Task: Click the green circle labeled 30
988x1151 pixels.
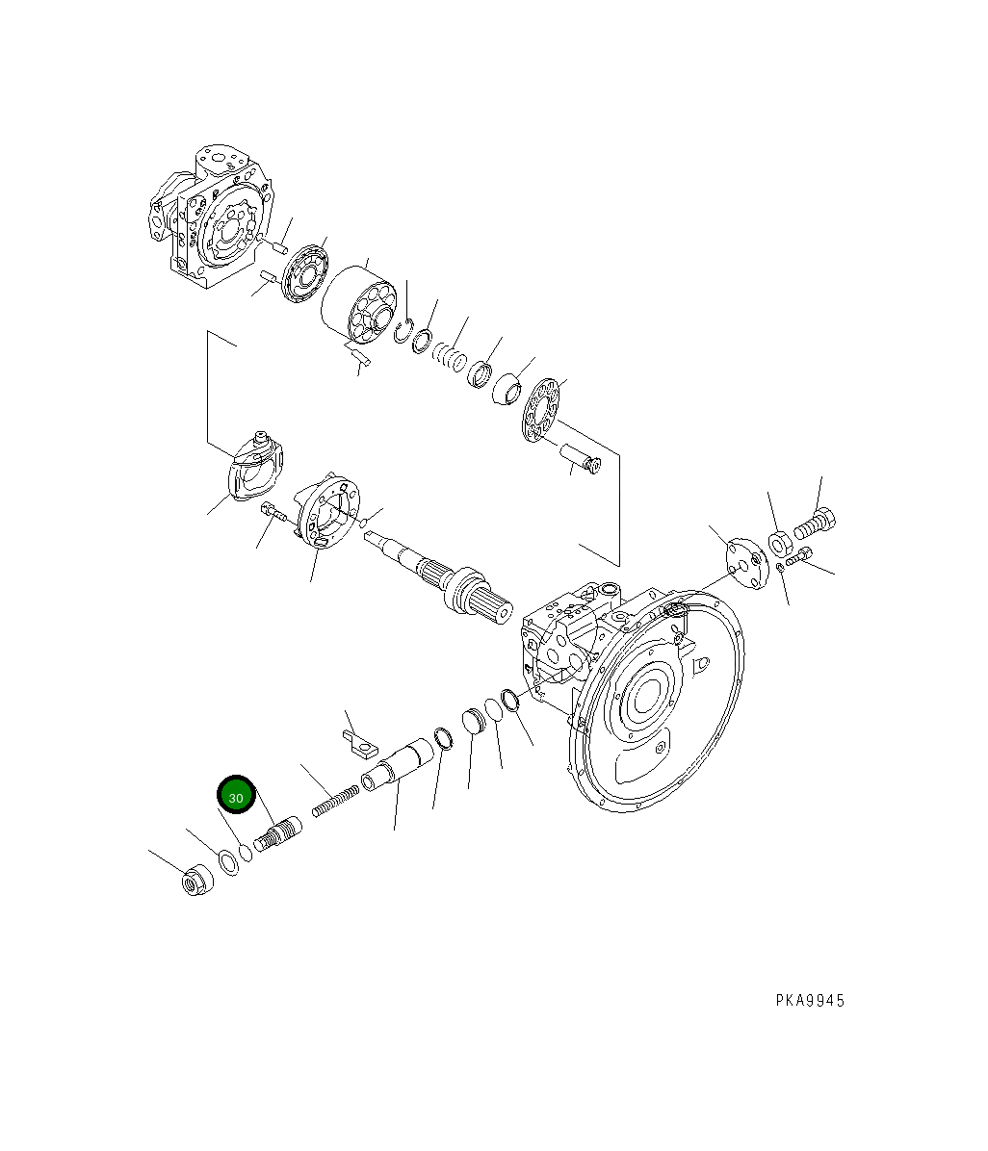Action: (236, 797)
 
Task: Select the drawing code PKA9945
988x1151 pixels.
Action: (810, 1001)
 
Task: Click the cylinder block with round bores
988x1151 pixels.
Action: (358, 304)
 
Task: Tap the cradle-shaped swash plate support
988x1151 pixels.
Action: (255, 469)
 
